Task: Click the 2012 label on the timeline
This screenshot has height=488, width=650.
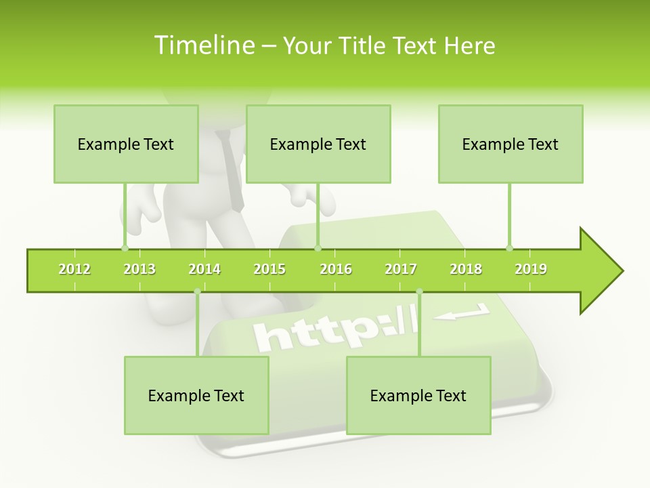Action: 74,269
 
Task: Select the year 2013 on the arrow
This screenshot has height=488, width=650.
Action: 139,269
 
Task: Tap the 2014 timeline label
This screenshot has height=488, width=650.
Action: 204,269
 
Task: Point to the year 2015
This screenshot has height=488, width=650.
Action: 269,269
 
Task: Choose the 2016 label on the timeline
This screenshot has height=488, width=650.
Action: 336,269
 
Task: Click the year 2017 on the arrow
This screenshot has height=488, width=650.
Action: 401,269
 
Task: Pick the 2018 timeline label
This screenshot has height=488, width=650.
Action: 466,269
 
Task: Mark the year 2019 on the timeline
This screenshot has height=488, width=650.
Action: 531,269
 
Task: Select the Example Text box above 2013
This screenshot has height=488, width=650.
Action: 126,144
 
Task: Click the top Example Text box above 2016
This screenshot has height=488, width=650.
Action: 318,144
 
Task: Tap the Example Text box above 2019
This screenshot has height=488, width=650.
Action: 511,144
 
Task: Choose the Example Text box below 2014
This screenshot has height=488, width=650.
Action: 196,395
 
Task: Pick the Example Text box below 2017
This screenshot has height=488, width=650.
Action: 418,395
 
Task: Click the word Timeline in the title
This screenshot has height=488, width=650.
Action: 203,45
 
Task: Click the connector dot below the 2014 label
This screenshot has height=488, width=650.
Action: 197,291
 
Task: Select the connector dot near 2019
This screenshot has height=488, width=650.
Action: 509,248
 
